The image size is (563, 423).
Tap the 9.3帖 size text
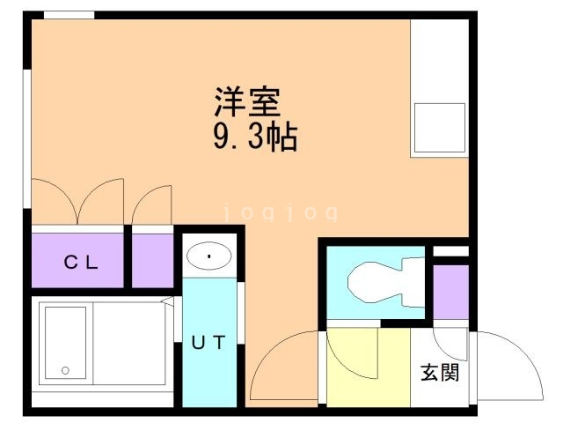pos(254,137)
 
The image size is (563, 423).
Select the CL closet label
pos(79,262)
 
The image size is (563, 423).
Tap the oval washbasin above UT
pos(209,256)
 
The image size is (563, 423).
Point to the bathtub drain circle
pos(63,371)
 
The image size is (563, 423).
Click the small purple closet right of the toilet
pos(451,291)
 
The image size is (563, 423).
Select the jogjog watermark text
pos(280,212)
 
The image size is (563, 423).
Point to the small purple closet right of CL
pos(152,261)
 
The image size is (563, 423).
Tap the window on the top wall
pos(68,15)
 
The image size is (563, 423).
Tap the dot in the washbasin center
pos(209,256)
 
